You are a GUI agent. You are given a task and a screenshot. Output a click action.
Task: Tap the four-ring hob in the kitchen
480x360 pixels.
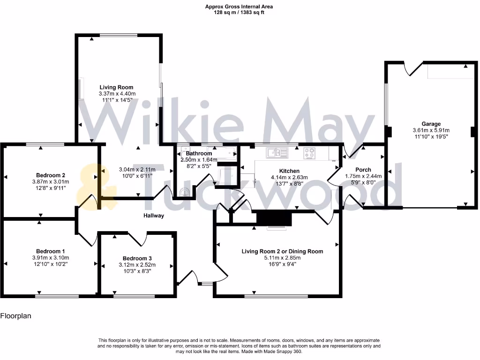pyautogui.click(x=309, y=152)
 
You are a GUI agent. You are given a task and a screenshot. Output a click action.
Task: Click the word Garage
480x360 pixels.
pyautogui.click(x=431, y=124)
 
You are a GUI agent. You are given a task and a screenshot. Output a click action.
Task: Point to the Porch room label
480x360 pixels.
pyautogui.click(x=363, y=170)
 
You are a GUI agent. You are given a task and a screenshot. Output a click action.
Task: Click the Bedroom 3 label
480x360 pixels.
pyautogui.click(x=137, y=258)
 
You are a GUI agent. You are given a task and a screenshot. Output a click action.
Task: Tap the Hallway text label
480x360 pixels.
pyautogui.click(x=154, y=216)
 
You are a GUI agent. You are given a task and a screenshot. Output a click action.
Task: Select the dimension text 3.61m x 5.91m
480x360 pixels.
pyautogui.click(x=431, y=130)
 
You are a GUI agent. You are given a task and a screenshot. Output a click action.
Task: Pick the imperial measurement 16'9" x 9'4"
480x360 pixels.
pyautogui.click(x=282, y=264)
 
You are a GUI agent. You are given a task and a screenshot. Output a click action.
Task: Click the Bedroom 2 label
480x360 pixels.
pyautogui.click(x=50, y=175)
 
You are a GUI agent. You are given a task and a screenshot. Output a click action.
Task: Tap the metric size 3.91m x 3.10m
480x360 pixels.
pyautogui.click(x=50, y=258)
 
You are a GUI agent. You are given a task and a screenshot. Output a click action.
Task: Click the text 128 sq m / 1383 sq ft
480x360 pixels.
pyautogui.click(x=239, y=13)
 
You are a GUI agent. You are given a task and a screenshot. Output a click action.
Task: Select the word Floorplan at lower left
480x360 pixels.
pyautogui.click(x=15, y=316)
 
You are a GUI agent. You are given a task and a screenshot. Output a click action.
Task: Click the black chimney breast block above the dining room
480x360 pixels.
pyautogui.click(x=274, y=218)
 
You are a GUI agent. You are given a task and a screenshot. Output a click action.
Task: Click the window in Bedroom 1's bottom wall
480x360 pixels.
pyautogui.click(x=57, y=296)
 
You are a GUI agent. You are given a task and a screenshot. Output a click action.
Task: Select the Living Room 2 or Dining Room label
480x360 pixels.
pyautogui.click(x=282, y=251)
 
